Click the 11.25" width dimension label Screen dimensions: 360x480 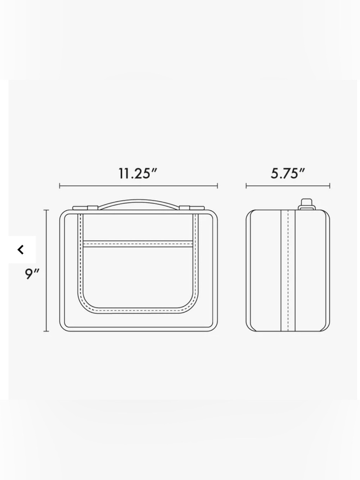click(138, 174)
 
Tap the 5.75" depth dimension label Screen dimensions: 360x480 click(288, 174)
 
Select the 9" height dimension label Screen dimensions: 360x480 click(32, 274)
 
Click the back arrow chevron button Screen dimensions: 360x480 click(21, 250)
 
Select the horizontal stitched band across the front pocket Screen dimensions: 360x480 click(138, 244)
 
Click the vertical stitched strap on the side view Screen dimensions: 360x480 click(288, 270)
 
